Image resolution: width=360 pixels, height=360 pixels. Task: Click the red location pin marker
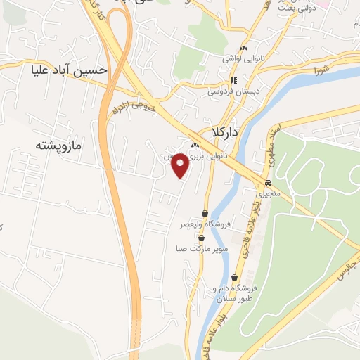tap(181, 166)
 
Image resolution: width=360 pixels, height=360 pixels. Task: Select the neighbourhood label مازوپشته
tap(58, 146)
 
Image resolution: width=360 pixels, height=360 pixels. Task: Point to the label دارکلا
tap(225, 132)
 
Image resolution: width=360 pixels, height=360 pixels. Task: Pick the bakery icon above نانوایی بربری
tap(193, 145)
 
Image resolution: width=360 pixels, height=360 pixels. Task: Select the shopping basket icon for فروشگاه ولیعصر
tap(205, 213)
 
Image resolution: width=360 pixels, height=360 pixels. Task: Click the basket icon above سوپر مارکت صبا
tap(202, 238)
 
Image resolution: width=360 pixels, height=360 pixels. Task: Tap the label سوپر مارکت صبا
tap(202, 249)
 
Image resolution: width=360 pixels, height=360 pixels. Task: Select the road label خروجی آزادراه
tap(133, 107)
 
